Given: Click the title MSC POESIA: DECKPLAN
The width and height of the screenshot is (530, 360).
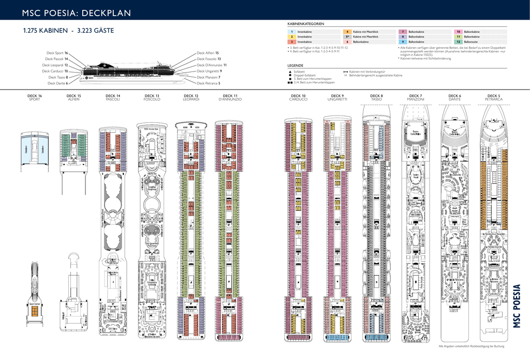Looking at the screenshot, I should tap(76, 13).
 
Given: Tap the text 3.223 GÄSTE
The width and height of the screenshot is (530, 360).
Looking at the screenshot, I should tap(95, 31).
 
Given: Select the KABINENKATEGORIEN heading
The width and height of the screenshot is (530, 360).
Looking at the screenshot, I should tap(305, 24).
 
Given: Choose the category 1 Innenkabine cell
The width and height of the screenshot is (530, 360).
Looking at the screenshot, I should tap(304, 32).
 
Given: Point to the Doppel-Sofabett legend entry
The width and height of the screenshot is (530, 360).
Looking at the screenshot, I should tap(304, 75).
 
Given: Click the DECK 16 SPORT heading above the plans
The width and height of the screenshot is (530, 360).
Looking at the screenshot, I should tap(35, 97).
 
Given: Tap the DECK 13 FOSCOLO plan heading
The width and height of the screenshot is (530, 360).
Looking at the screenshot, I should tap(152, 97).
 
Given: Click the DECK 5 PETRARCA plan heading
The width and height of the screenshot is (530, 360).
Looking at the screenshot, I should tap(494, 97).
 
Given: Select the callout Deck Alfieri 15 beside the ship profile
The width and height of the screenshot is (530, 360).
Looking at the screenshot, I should tap(208, 53).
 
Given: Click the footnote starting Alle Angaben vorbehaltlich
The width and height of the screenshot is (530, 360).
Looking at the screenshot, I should tap(471, 346).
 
